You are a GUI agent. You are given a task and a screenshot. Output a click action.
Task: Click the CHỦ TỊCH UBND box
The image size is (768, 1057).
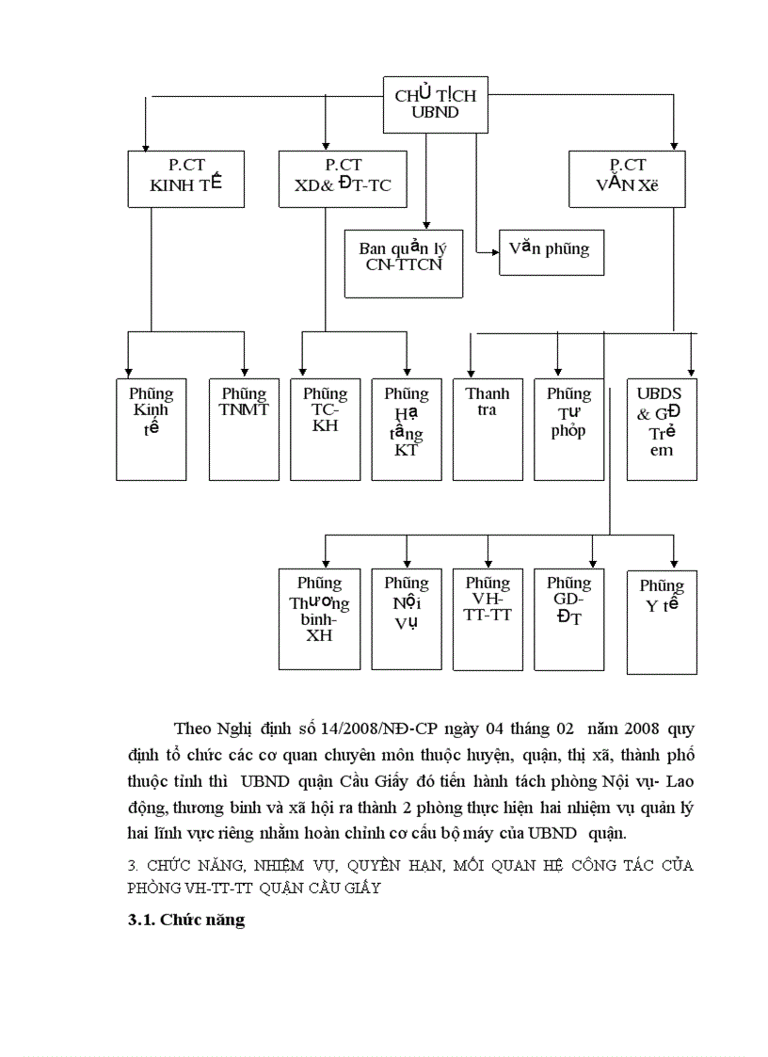click(x=435, y=104)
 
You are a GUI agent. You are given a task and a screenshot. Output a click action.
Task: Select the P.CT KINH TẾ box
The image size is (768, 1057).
click(x=185, y=178)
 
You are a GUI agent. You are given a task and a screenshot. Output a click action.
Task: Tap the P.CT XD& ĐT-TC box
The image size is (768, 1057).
click(x=336, y=178)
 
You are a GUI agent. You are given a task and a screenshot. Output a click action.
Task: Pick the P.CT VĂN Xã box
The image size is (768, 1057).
click(x=627, y=178)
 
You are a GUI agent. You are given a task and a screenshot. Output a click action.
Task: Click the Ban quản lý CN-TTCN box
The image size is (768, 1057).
click(x=404, y=263)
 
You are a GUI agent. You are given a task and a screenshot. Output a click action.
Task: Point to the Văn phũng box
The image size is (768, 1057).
click(x=551, y=251)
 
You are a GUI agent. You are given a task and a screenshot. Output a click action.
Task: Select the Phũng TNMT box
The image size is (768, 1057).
click(x=244, y=428)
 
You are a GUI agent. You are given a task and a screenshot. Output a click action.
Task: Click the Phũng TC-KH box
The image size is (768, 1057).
click(x=325, y=428)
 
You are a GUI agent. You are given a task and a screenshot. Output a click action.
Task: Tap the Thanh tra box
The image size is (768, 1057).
click(x=488, y=428)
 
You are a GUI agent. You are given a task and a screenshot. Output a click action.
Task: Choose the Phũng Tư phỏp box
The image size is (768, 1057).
click(x=568, y=428)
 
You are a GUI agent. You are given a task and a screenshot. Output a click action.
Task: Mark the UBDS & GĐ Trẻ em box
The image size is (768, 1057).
click(x=662, y=428)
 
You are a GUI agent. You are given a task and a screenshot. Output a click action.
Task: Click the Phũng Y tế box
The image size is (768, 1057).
click(x=662, y=621)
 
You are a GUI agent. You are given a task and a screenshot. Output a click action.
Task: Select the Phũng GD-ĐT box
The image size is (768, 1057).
click(x=568, y=619)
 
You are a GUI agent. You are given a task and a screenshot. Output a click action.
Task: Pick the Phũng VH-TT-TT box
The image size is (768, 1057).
click(x=488, y=619)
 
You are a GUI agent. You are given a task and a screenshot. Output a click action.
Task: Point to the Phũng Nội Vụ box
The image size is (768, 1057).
click(x=407, y=619)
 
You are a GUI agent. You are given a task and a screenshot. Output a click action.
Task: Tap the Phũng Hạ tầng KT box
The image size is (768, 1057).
click(x=407, y=428)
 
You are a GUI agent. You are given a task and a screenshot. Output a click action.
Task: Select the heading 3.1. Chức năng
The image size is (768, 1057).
click(x=186, y=921)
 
